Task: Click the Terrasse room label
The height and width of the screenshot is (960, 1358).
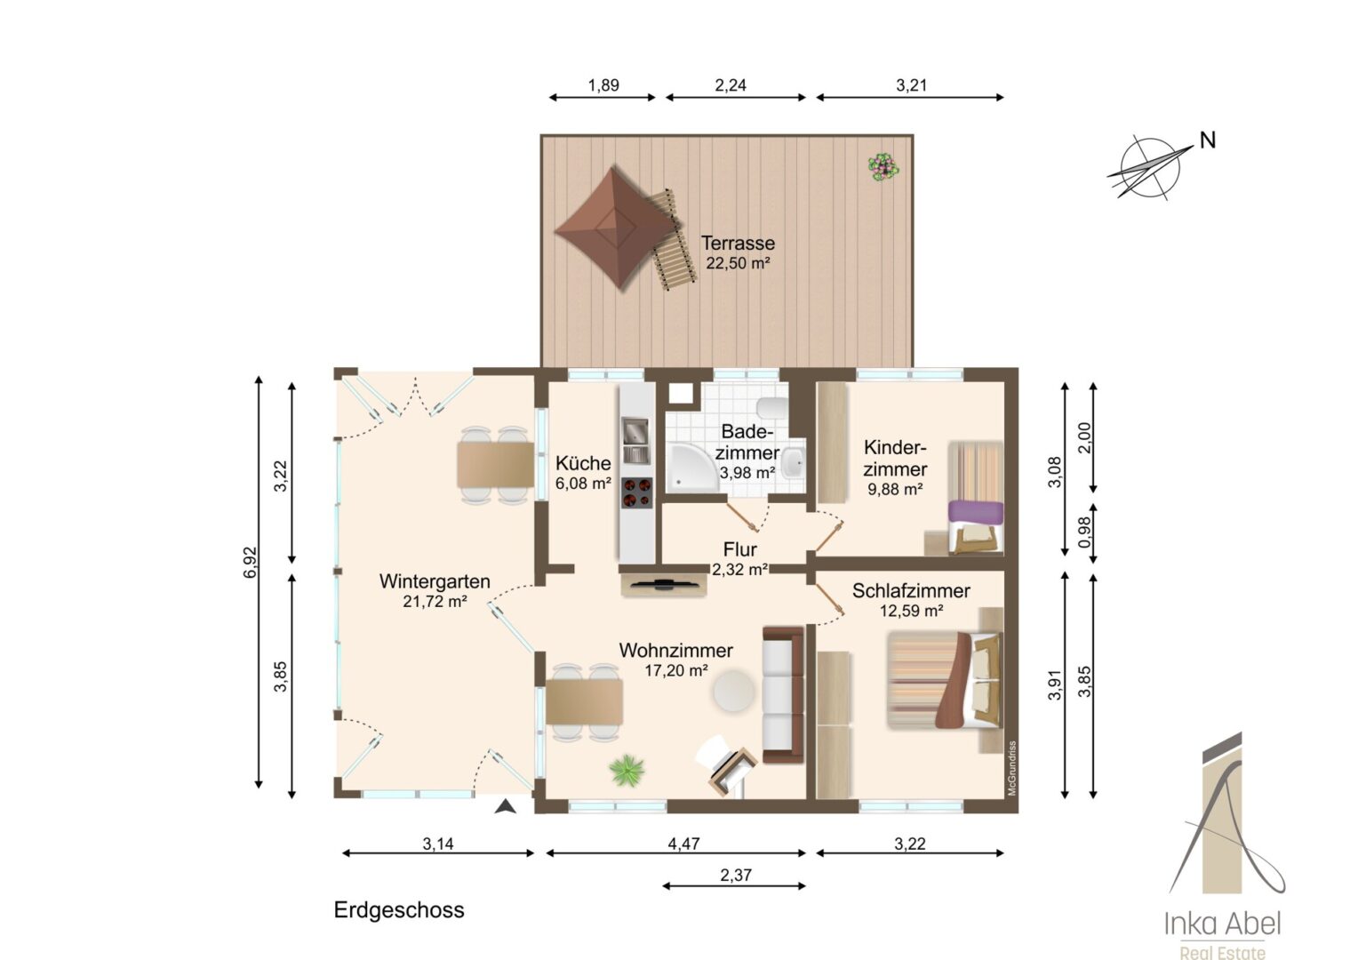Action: click(738, 244)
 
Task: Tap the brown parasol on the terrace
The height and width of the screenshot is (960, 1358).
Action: click(615, 228)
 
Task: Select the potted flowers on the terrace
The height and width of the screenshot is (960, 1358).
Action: click(883, 167)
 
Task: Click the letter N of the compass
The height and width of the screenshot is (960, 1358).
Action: click(1208, 140)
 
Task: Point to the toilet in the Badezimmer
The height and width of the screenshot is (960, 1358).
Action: click(773, 407)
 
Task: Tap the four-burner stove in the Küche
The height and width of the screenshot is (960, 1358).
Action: click(637, 492)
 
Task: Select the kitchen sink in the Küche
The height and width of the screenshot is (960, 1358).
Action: click(635, 440)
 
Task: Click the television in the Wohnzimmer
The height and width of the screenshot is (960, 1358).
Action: click(665, 584)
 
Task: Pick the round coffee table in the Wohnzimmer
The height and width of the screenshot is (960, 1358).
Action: click(733, 690)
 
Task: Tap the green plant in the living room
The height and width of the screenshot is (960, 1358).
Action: click(627, 770)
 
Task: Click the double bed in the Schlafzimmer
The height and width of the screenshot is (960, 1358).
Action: click(945, 680)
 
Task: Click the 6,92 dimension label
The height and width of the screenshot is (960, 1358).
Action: click(251, 562)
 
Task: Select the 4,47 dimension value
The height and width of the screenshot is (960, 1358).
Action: click(683, 844)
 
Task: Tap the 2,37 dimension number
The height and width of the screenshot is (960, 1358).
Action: click(736, 875)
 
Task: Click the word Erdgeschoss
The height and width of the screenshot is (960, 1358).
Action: click(399, 910)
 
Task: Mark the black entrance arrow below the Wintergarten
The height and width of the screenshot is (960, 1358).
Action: click(505, 806)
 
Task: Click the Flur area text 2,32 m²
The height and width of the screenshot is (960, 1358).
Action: click(739, 570)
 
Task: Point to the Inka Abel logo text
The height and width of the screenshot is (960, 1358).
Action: click(1222, 924)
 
